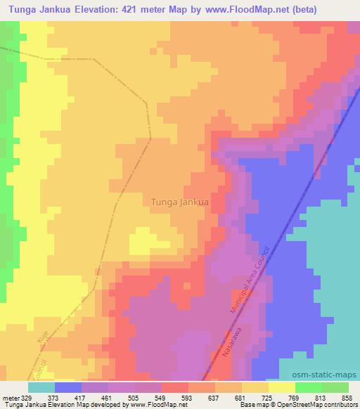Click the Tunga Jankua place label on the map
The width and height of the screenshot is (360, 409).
point(180,202)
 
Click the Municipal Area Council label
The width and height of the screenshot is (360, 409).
point(250,279)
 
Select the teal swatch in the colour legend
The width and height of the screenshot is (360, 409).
point(41,387)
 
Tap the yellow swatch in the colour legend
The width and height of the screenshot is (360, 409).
point(282,387)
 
